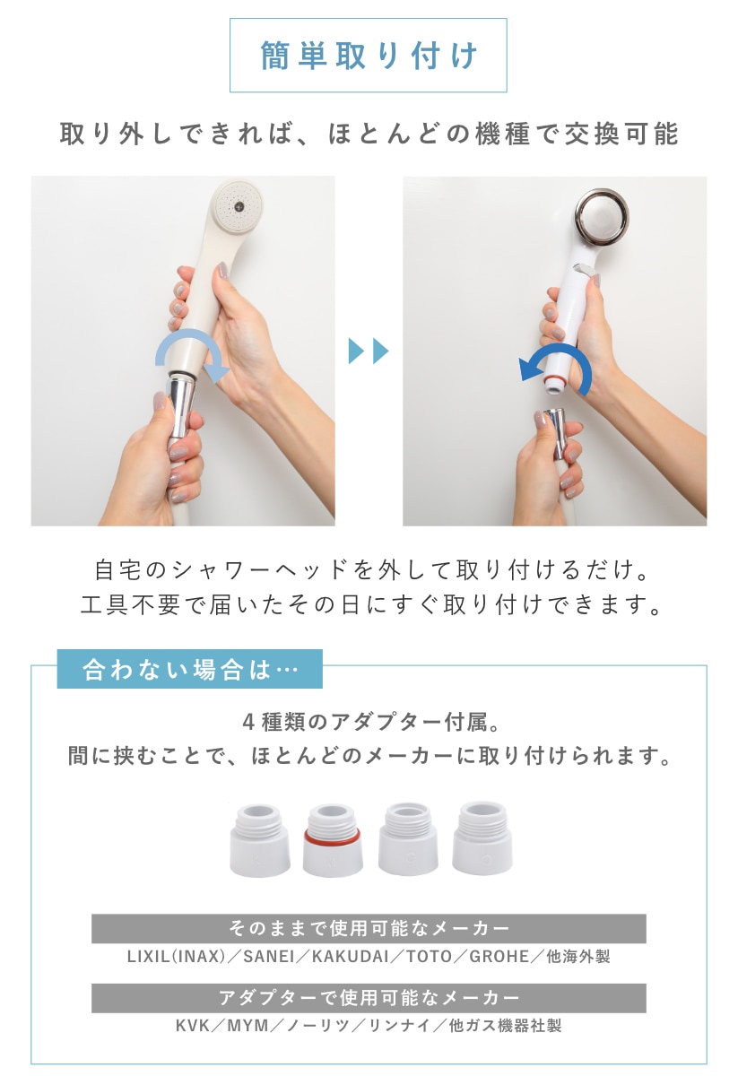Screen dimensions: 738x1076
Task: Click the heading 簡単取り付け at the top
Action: tap(369, 56)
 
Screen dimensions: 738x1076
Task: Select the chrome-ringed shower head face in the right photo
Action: tap(602, 213)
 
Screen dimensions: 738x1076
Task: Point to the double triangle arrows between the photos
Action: tap(369, 351)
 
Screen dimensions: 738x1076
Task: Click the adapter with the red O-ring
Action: tap(332, 840)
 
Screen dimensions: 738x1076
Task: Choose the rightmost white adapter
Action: tap(482, 837)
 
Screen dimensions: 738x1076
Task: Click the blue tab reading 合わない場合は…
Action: tap(190, 669)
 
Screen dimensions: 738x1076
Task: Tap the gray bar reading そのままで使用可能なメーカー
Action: tap(369, 929)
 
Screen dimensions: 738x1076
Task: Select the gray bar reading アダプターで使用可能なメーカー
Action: tap(369, 998)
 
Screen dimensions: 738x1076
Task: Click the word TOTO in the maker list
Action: tap(429, 957)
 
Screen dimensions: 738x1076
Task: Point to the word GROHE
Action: tap(499, 957)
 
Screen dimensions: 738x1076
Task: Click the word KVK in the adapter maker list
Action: tap(193, 1026)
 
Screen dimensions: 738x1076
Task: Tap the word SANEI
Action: tap(269, 957)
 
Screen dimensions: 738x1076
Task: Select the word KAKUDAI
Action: tap(351, 957)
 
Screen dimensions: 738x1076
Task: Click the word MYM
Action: tap(247, 1026)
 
